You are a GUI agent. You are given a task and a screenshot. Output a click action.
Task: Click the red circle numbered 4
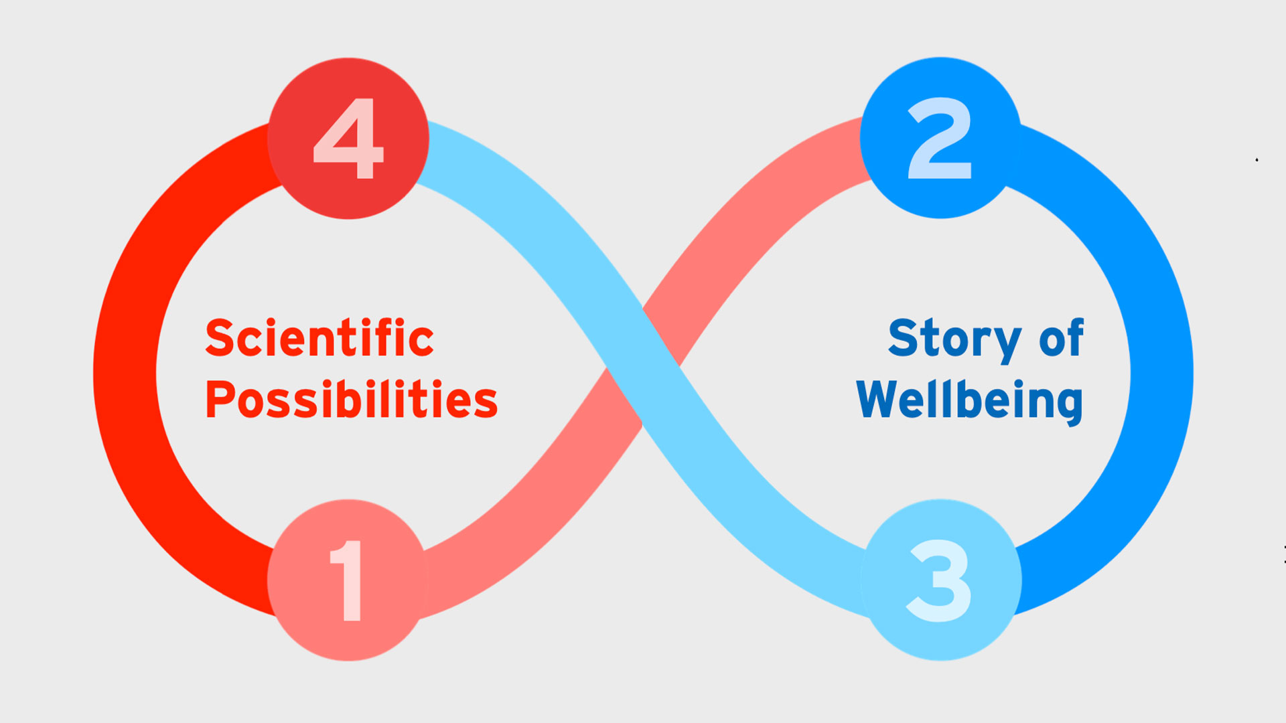tap(348, 139)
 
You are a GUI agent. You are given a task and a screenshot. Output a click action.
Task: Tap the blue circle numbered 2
tap(940, 138)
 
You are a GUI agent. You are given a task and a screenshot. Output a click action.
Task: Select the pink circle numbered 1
tap(348, 580)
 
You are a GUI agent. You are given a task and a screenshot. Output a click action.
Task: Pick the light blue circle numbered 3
tap(941, 580)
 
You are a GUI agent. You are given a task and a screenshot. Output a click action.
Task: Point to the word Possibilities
tap(352, 399)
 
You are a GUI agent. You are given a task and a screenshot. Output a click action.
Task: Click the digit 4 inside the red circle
tap(348, 139)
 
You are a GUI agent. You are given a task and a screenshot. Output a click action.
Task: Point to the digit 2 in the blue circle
tap(940, 138)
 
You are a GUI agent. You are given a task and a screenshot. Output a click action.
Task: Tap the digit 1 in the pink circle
tap(347, 580)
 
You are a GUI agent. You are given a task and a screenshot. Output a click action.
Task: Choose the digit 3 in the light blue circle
tap(938, 581)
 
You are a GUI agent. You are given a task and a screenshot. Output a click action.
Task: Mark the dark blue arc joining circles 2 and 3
tap(1162, 372)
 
